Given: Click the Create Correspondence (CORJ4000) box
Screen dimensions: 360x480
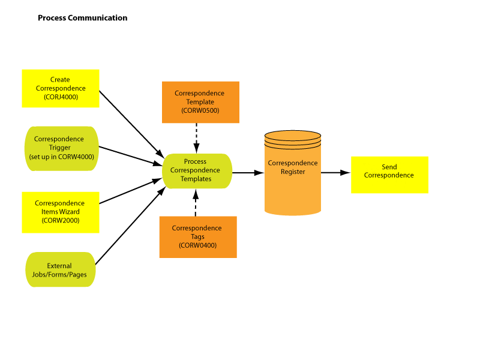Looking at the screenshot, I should pyautogui.click(x=60, y=88).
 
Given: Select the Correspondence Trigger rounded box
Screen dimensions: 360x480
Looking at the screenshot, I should pyautogui.click(x=61, y=148).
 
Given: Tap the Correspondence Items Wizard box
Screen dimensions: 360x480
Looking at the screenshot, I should pyautogui.click(x=60, y=212).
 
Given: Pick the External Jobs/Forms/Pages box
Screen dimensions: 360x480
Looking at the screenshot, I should pyautogui.click(x=60, y=270).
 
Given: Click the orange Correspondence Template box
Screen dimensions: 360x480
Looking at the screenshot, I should pyautogui.click(x=200, y=102).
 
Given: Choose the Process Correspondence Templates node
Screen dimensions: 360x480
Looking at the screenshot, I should pyautogui.click(x=197, y=170).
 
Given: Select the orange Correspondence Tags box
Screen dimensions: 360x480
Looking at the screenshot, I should pyautogui.click(x=197, y=236).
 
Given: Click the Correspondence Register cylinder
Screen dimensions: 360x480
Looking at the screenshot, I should pyautogui.click(x=293, y=174).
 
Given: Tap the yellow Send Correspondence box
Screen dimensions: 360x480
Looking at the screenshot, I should pyautogui.click(x=389, y=175).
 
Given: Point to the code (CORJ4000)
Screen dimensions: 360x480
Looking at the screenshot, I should pyautogui.click(x=61, y=97).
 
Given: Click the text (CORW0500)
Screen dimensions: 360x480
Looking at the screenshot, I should pyautogui.click(x=200, y=110).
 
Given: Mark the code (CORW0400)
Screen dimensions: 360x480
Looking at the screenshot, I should pyautogui.click(x=197, y=245).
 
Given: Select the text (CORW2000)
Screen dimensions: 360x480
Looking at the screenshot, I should pyautogui.click(x=60, y=220).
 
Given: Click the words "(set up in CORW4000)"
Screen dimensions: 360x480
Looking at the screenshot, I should pyautogui.click(x=61, y=157).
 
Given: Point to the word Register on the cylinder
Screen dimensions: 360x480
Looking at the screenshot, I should pyautogui.click(x=293, y=172).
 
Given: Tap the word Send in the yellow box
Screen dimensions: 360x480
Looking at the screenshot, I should pyautogui.click(x=389, y=167).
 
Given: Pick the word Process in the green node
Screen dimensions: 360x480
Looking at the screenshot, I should pyautogui.click(x=195, y=161).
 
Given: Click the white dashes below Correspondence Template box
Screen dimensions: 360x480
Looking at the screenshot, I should pyautogui.click(x=196, y=133).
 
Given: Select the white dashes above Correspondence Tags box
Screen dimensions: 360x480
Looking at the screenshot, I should pyautogui.click(x=196, y=207).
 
